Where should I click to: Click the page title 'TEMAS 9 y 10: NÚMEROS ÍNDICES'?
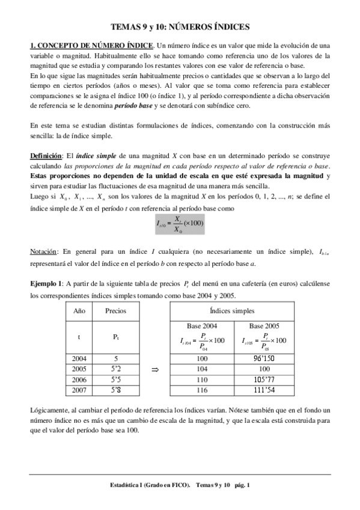click(x=180, y=27)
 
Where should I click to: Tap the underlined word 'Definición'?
click(x=46, y=156)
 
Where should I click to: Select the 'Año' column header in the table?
click(x=79, y=311)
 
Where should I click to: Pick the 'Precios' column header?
click(x=115, y=311)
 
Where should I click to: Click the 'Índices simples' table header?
click(x=232, y=311)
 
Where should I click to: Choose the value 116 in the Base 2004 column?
click(x=202, y=390)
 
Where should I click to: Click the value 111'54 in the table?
click(x=263, y=390)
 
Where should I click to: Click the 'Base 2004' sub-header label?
click(x=202, y=325)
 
